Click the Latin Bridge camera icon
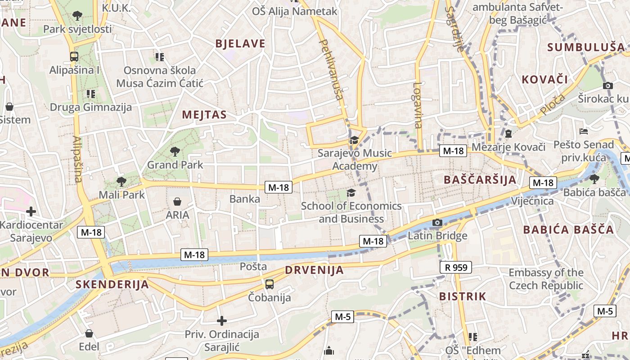pos(437,222)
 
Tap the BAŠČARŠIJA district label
pos(480,180)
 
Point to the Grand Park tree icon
pos(175,152)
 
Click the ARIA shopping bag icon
pos(177,201)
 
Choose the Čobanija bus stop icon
pos(269,284)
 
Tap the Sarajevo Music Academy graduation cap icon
pos(354,140)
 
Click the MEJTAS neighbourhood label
pos(204,115)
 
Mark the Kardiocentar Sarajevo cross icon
pos(31,211)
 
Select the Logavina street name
pos(418,105)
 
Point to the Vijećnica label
pos(532,201)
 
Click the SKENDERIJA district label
pos(112,284)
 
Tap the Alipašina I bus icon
pos(74,57)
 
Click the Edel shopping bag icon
pos(89,333)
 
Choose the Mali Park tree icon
pos(121,182)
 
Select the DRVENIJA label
pos(314,270)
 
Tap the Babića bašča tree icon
pos(594,179)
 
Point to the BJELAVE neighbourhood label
pos(240,44)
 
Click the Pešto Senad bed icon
pos(584,131)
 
